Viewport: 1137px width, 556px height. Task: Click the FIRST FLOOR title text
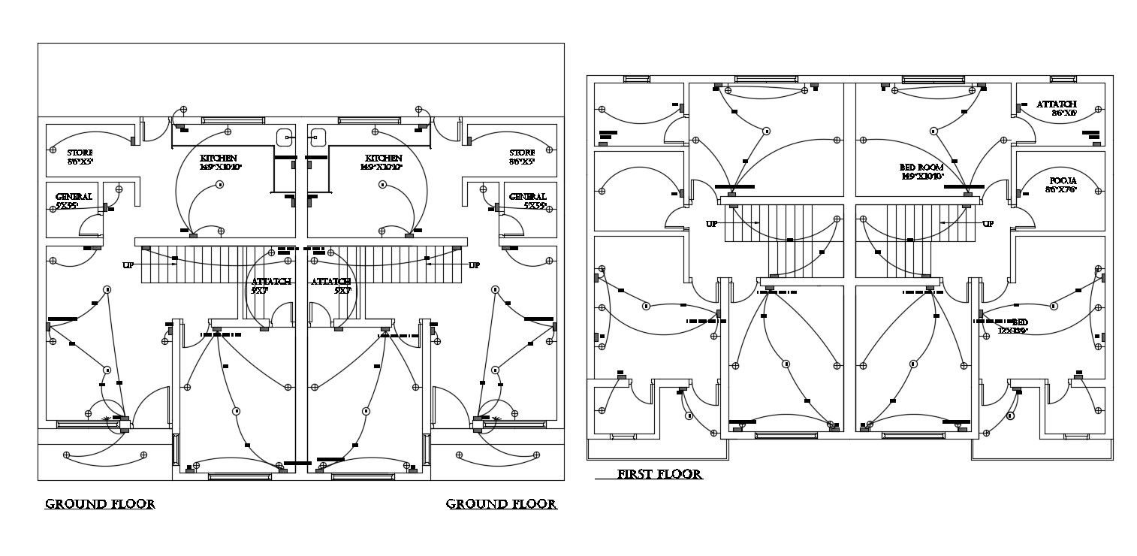pos(659,474)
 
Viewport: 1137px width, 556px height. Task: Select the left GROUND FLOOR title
pos(100,503)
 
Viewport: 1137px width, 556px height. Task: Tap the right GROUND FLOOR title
pos(501,503)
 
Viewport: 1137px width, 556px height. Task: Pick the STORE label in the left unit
pos(80,156)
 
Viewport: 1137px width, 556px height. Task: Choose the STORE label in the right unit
pos(522,156)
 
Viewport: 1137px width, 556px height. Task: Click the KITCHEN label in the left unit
pos(219,162)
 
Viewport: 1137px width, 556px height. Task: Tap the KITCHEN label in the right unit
pos(384,162)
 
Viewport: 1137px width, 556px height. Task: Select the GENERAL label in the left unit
pos(74,201)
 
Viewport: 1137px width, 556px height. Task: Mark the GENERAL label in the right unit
pos(527,201)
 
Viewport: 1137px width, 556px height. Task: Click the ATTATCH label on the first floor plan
pos(1057,108)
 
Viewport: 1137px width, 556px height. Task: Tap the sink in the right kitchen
pos(317,137)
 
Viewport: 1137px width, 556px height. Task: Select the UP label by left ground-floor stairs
pos(128,265)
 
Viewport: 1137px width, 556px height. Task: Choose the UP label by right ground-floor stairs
pos(474,265)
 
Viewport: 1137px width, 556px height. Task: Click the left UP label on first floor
pos(710,224)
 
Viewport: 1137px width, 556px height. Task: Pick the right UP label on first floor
pos(988,224)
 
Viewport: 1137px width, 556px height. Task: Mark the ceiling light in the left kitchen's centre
pos(219,185)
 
